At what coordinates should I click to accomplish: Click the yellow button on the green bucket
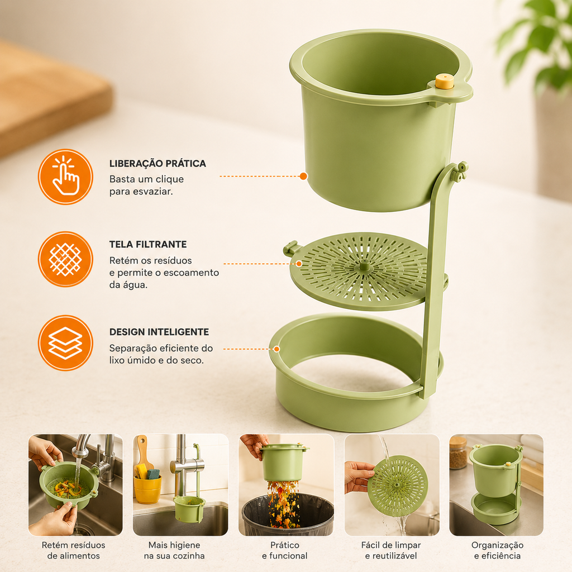(x=444, y=82)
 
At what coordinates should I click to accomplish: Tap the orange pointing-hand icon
(x=66, y=177)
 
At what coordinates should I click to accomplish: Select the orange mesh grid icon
(x=66, y=259)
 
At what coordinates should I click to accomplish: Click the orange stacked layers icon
(x=66, y=343)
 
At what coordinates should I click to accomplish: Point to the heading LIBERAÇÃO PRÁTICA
(x=158, y=164)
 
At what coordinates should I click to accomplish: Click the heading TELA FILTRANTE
(x=148, y=245)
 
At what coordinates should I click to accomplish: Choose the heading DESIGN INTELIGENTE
(x=159, y=332)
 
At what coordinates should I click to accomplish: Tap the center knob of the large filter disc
(x=364, y=265)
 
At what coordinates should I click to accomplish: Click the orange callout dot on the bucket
(x=303, y=176)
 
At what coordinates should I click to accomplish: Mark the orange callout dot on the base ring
(x=277, y=349)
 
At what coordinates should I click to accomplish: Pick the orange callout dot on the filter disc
(x=299, y=264)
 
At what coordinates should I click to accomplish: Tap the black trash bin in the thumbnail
(x=288, y=514)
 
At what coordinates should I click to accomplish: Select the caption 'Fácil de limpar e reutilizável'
(x=391, y=550)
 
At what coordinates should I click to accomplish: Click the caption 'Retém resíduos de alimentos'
(x=73, y=550)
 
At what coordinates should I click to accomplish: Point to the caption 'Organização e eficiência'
(x=497, y=550)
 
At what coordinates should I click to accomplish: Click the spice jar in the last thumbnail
(x=458, y=452)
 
